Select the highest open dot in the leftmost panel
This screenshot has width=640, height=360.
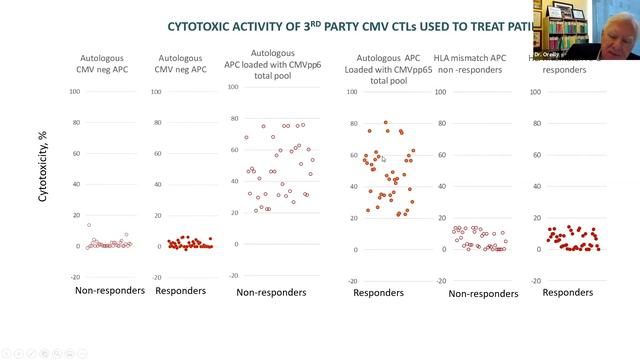point(89,225)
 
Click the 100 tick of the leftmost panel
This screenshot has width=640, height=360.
point(75,91)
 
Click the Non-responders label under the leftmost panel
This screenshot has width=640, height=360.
point(111,290)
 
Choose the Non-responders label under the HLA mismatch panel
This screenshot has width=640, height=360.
point(484,294)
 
